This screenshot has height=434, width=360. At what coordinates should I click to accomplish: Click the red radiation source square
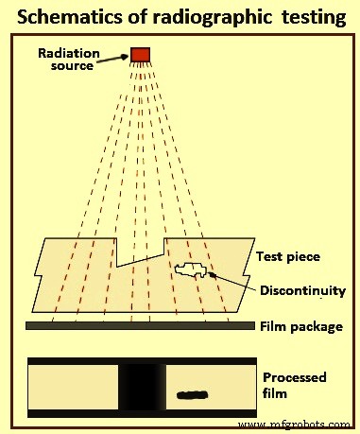click(x=141, y=54)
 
